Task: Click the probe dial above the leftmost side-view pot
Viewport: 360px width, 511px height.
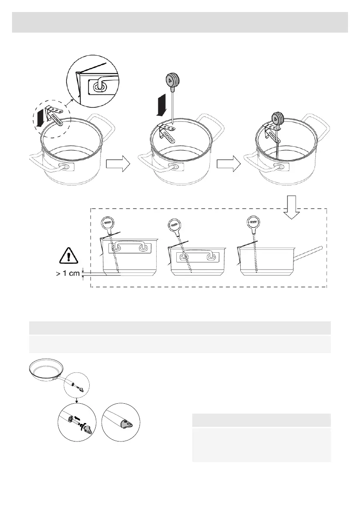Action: pyautogui.click(x=108, y=223)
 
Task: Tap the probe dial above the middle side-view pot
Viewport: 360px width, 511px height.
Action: pyautogui.click(x=175, y=224)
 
